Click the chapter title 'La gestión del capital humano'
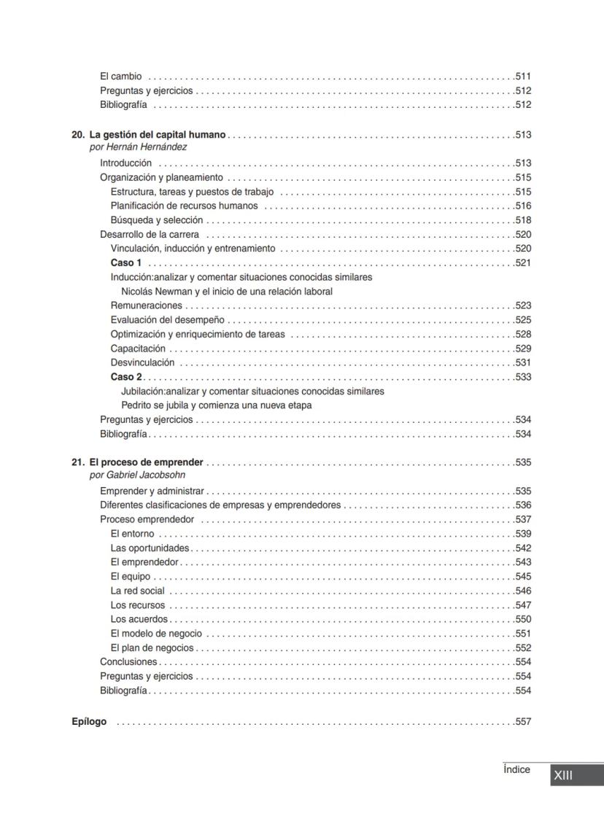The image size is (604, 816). (158, 135)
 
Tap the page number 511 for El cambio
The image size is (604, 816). (523, 77)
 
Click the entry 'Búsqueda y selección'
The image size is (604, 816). (157, 220)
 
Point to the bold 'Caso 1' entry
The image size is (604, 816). (126, 263)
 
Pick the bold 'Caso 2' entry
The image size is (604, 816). (126, 377)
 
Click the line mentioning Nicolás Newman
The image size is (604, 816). (227, 291)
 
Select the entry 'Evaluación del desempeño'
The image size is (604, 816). (168, 319)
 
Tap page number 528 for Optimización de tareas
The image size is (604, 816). (523, 334)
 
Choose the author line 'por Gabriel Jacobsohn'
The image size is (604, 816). (137, 475)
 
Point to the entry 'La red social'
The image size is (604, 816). (137, 591)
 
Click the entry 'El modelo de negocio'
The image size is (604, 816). (156, 634)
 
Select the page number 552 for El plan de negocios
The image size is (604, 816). (523, 648)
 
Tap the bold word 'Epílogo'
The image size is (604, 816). (89, 722)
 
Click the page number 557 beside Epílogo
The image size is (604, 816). (523, 722)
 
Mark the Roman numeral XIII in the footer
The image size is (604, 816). (563, 775)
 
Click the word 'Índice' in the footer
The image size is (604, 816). (516, 769)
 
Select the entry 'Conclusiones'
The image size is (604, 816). (128, 662)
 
